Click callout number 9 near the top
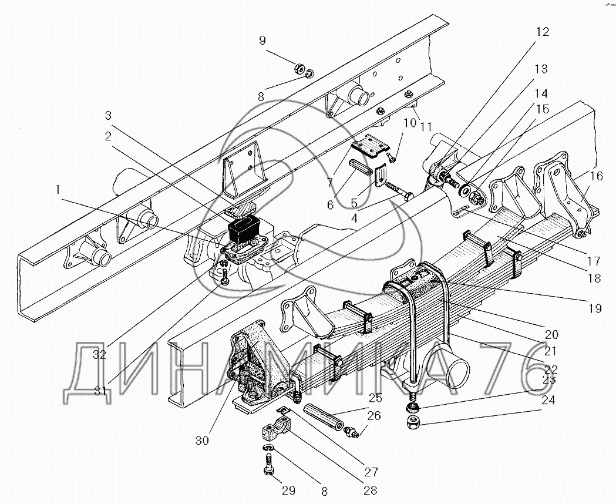pyautogui.click(x=262, y=41)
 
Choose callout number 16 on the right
pyautogui.click(x=596, y=176)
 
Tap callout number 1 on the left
pyautogui.click(x=56, y=189)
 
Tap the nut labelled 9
pyautogui.click(x=299, y=70)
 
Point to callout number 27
pyautogui.click(x=371, y=471)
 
